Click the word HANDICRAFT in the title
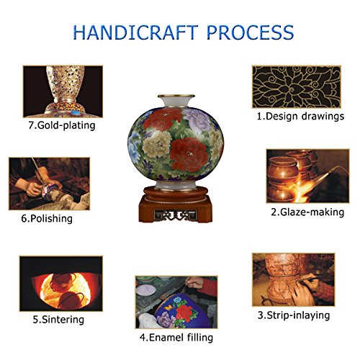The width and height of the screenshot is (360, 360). [135, 32]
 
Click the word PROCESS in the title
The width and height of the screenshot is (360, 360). [250, 32]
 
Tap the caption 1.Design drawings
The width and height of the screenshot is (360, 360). [300, 117]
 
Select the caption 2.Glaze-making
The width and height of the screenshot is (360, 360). [307, 212]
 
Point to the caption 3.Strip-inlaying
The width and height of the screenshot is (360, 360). [294, 315]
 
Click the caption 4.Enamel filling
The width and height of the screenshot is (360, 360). [176, 338]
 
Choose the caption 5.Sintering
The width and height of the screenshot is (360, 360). [58, 320]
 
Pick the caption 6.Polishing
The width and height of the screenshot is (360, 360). [47, 219]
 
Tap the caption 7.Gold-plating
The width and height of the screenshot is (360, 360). [62, 125]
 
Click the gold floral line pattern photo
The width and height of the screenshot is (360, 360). [297, 87]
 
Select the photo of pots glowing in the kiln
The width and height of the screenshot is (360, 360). [61, 284]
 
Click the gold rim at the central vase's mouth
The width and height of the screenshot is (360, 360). [176, 96]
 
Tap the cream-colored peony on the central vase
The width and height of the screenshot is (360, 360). [157, 144]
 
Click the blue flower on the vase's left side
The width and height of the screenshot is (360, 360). [134, 146]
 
